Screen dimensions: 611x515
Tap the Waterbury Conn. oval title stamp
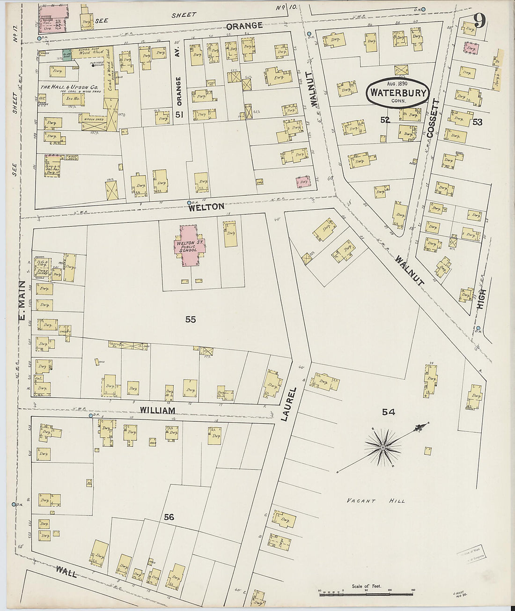pyautogui.click(x=398, y=92)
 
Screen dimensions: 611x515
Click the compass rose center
pyautogui.click(x=383, y=448)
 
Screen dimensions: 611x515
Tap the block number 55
pyautogui.click(x=190, y=320)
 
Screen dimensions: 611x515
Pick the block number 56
pyautogui.click(x=169, y=517)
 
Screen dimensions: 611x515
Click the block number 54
pyautogui.click(x=388, y=412)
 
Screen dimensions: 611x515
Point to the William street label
pyautogui.click(x=158, y=411)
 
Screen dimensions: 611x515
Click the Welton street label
pyautogui.click(x=206, y=206)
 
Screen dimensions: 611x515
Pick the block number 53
pyautogui.click(x=477, y=122)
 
